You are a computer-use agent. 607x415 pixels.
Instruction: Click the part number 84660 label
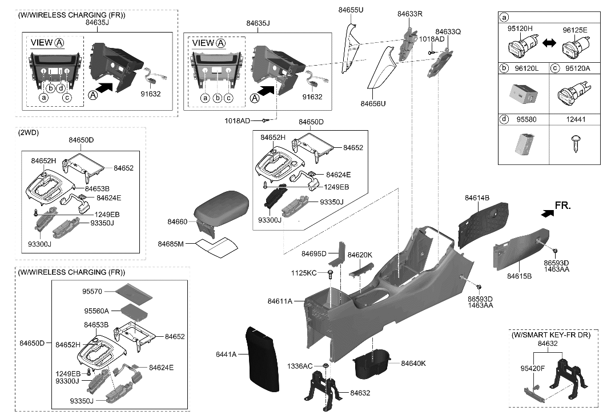(x=177, y=221)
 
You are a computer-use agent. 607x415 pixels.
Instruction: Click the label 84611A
(x=280, y=301)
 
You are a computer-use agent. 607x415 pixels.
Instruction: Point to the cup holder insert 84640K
(x=371, y=365)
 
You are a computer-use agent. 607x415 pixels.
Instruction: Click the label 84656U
(x=374, y=104)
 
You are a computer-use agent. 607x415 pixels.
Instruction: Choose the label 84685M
(x=171, y=244)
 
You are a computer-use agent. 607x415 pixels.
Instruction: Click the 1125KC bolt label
(x=303, y=273)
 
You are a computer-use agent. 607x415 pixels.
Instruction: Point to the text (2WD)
(x=29, y=132)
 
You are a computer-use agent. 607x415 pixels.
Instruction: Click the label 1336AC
(x=300, y=365)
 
